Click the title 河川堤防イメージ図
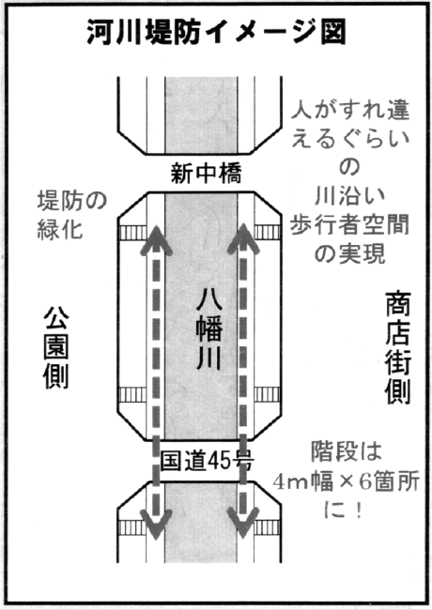(216, 33)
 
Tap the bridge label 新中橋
(207, 173)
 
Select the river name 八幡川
(209, 330)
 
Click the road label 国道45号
(207, 461)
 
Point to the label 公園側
(56, 348)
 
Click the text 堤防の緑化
(72, 214)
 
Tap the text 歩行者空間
(349, 225)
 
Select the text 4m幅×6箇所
(346, 481)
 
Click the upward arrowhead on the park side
(156, 239)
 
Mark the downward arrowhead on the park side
(156, 525)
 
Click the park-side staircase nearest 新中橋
(132, 233)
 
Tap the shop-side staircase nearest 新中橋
(268, 232)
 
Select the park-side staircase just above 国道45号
(132, 395)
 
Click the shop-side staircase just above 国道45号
(268, 394)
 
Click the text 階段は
(346, 451)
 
